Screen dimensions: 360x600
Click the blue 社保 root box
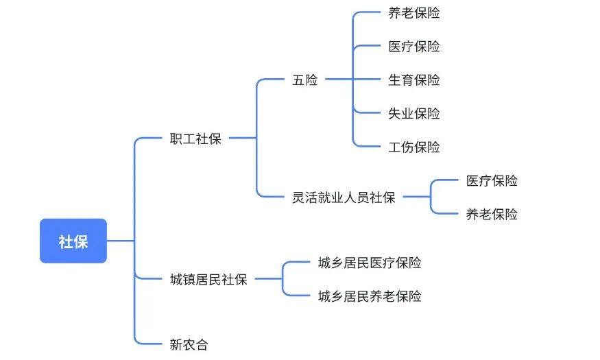click(x=73, y=241)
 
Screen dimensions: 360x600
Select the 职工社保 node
click(x=195, y=139)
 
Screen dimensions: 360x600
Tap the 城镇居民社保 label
click(x=208, y=279)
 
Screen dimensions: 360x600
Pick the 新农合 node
click(x=189, y=344)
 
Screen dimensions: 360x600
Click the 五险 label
click(x=305, y=80)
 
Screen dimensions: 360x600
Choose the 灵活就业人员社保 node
click(x=344, y=197)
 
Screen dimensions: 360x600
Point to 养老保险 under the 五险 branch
click(x=414, y=12)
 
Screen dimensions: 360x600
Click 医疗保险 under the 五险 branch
click(x=414, y=47)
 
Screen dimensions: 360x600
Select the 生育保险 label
click(x=414, y=80)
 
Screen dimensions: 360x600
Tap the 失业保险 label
click(x=414, y=113)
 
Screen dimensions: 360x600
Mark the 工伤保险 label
click(x=414, y=147)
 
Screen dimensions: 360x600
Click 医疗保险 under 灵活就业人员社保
click(x=492, y=181)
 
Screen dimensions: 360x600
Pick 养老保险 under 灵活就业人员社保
click(x=492, y=214)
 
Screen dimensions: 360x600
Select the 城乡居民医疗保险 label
click(x=370, y=263)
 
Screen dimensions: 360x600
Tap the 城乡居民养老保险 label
click(x=370, y=296)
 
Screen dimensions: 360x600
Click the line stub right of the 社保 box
click(x=120, y=241)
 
